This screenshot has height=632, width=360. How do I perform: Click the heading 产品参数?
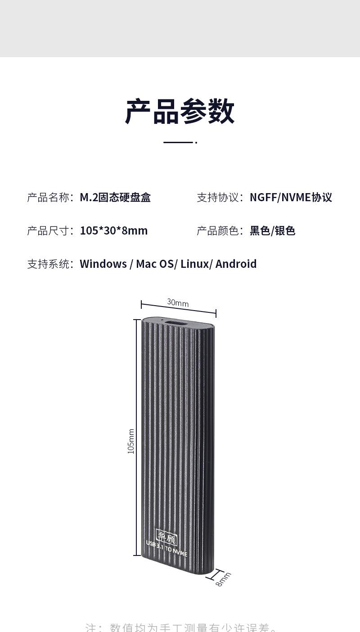[x=180, y=111]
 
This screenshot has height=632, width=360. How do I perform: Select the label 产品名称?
[x=49, y=197]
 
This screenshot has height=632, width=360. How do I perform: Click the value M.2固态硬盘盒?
[x=115, y=197]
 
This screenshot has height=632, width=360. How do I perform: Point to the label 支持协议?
[x=218, y=197]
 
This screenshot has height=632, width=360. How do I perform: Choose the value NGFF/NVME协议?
[x=291, y=197]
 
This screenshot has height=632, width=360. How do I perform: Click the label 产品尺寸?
[x=49, y=230]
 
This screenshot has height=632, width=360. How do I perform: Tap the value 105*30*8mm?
[x=114, y=230]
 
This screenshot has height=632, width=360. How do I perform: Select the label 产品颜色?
[x=218, y=230]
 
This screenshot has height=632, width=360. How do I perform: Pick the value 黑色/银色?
[x=272, y=230]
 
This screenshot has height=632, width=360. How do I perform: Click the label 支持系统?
[x=49, y=264]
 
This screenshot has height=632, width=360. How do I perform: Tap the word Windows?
[x=103, y=264]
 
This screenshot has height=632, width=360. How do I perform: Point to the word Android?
[x=236, y=264]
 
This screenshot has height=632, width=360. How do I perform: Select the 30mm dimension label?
[x=178, y=303]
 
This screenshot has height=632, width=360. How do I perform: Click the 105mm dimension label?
[x=131, y=441]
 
